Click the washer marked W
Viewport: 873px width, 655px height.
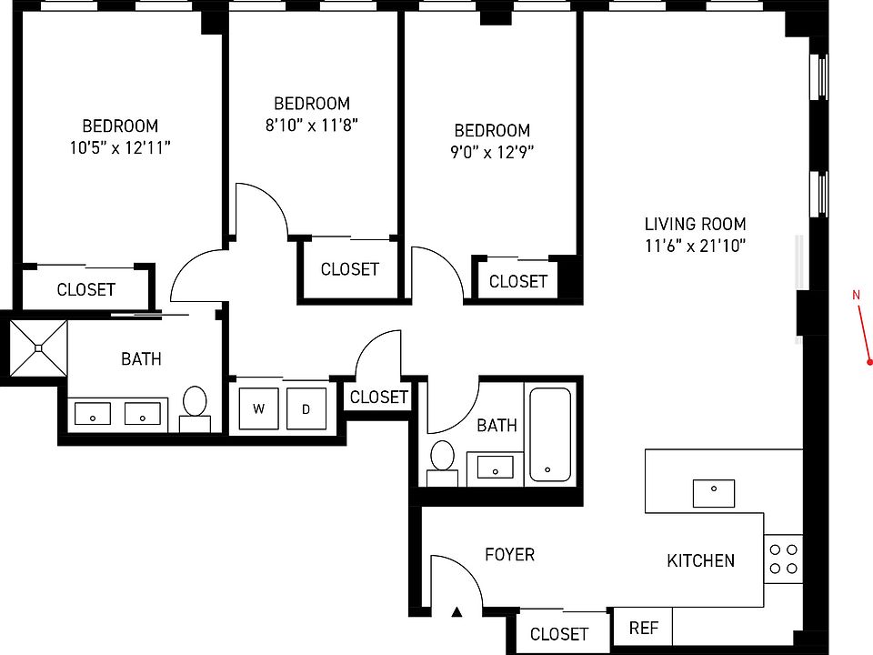259,408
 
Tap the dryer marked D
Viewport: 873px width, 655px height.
306,408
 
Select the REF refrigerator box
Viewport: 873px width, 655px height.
644,628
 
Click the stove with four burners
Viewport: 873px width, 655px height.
783,559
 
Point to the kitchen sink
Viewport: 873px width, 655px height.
714,493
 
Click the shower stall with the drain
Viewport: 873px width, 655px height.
39,347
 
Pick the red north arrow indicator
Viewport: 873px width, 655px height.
863,327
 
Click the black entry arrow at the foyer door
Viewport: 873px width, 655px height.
457,612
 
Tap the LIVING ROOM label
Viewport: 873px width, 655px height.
696,224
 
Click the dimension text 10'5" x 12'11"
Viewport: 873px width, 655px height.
120,147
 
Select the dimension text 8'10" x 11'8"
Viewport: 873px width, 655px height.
312,126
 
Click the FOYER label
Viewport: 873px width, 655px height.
509,554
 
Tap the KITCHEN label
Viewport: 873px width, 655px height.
701,560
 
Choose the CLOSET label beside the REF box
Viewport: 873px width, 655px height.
559,634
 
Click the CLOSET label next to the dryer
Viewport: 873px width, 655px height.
378,397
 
